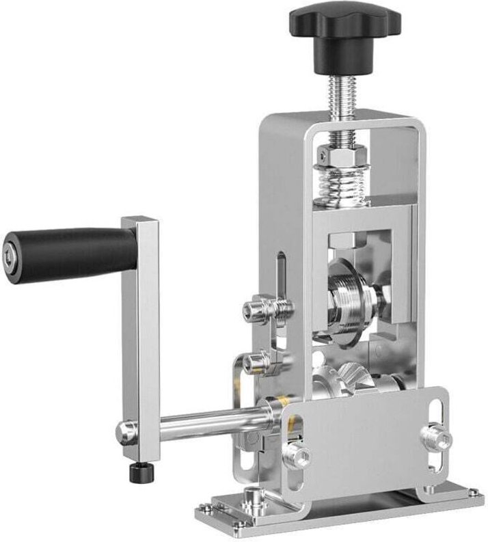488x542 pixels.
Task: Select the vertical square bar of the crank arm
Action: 140,328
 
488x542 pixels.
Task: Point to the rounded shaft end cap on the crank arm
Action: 124,431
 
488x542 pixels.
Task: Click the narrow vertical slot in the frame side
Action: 280,280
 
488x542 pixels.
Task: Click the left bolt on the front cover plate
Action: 299,455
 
